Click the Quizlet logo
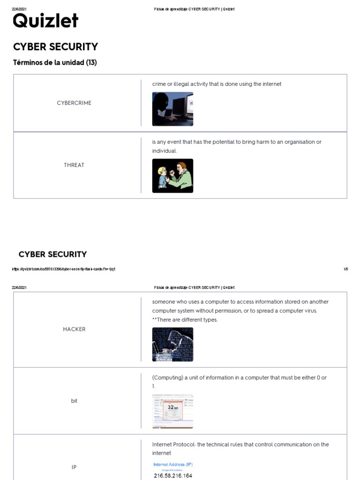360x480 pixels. [x=45, y=21]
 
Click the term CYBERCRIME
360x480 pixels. [x=74, y=103]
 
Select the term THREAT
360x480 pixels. [x=74, y=165]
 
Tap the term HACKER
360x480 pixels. [x=74, y=330]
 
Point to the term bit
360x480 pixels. [x=74, y=401]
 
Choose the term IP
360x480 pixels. [x=74, y=467]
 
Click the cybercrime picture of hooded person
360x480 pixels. [x=172, y=109]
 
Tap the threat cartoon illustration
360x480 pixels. [x=172, y=176]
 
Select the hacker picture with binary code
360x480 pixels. [x=172, y=345]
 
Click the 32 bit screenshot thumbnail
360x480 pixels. [x=172, y=411]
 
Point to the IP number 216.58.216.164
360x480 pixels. [x=173, y=476]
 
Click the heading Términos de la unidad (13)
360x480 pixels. [x=55, y=63]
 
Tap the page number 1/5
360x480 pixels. [x=346, y=269]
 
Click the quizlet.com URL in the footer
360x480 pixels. [x=64, y=269]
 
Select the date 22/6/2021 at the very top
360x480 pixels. [x=19, y=9]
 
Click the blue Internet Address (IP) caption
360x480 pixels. [x=173, y=465]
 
